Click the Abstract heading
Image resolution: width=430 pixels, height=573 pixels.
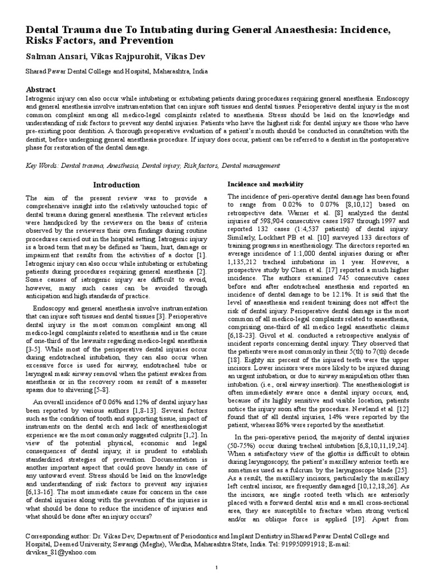tap(41, 90)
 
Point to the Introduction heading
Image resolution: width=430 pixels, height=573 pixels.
tap(116, 185)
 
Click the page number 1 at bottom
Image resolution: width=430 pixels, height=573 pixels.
tap(216, 568)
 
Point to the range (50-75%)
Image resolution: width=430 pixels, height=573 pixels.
tap(245, 429)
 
